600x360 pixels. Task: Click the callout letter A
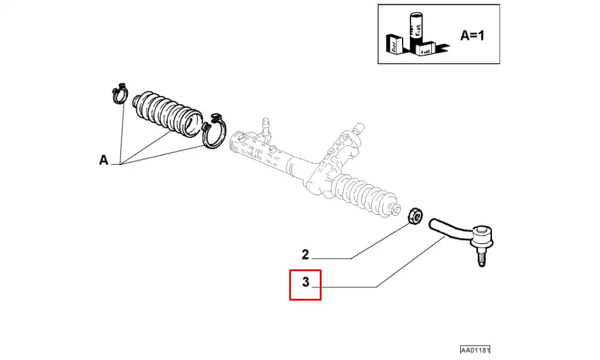(x=104, y=160)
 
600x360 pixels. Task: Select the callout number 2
(x=305, y=255)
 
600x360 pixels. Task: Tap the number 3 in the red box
(x=305, y=282)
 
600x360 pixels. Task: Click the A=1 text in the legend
(x=472, y=35)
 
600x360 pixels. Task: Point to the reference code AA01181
(x=479, y=350)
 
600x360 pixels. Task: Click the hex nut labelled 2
(x=413, y=215)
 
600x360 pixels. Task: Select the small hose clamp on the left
(x=120, y=92)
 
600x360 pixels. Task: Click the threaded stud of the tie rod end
(x=480, y=257)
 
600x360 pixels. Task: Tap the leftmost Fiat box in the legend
(x=394, y=46)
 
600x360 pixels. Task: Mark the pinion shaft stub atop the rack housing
(x=358, y=128)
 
